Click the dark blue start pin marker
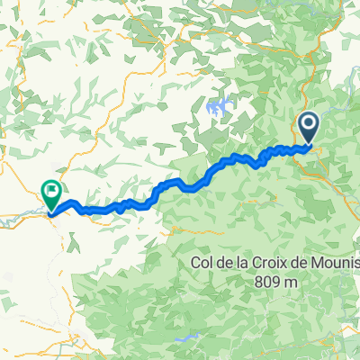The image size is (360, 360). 308,126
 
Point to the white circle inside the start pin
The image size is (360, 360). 308,123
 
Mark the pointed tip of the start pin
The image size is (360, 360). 308,143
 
